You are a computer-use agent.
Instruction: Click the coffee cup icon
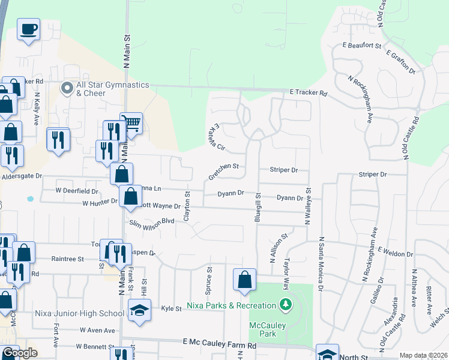pyautogui.click(x=29, y=29)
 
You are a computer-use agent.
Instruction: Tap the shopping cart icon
pyautogui.click(x=131, y=123)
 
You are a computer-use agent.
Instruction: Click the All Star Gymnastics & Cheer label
pyautogui.click(x=112, y=89)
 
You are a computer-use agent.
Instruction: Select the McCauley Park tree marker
pyautogui.click(x=285, y=305)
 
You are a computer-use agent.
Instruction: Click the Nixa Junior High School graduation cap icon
pyautogui.click(x=140, y=310)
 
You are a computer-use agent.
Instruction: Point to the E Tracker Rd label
pyautogui.click(x=308, y=93)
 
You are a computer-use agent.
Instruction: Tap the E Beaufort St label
pyautogui.click(x=362, y=45)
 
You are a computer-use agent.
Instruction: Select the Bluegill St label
pyautogui.click(x=258, y=206)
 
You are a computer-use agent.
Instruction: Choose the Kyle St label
pyautogui.click(x=171, y=308)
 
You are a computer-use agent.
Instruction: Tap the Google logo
pyautogui.click(x=20, y=353)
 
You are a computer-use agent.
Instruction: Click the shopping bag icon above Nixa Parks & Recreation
pyautogui.click(x=244, y=279)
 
